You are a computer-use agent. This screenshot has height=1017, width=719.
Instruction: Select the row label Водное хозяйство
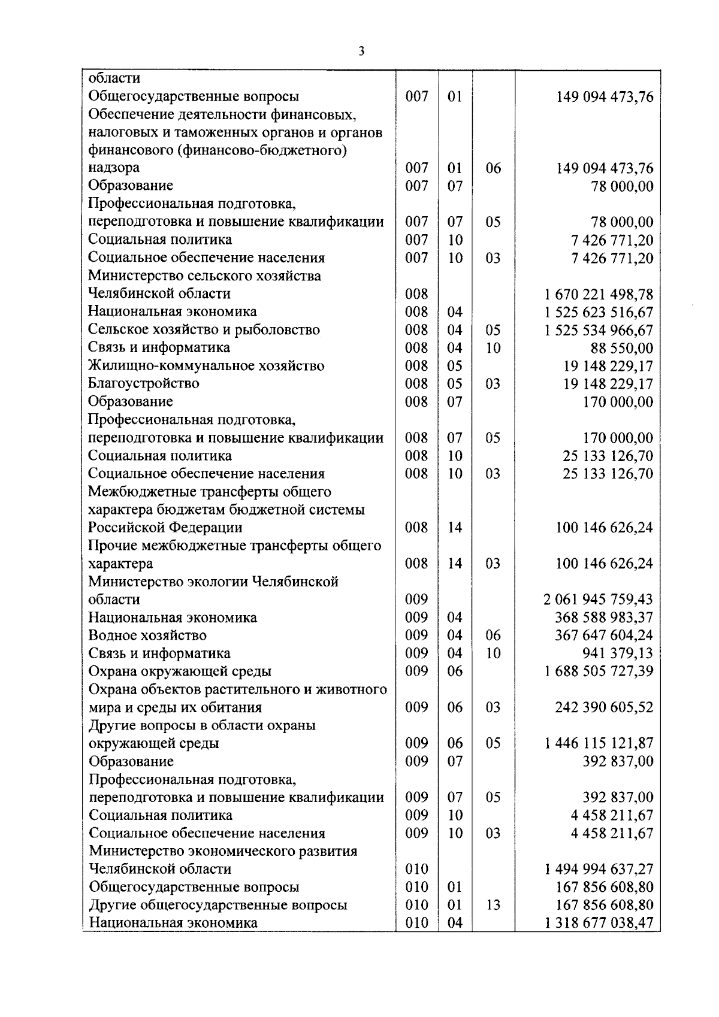147,635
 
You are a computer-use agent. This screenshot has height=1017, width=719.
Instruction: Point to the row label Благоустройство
144,383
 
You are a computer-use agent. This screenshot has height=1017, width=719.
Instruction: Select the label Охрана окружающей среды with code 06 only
180,671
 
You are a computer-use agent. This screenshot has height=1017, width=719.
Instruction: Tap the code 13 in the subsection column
493,905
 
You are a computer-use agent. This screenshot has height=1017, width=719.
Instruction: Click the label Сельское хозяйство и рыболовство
204,330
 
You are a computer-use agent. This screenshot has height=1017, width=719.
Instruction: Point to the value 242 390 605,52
604,707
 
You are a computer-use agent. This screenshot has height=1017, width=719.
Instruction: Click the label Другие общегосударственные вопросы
218,905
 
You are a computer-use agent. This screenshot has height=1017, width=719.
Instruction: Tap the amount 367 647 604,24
604,635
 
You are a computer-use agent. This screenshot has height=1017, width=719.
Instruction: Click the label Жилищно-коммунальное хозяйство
206,366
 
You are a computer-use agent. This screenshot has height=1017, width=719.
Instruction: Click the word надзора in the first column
114,168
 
